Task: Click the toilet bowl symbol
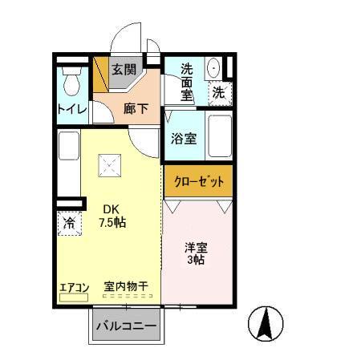70,80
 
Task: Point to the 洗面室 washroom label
186,81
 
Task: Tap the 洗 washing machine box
218,93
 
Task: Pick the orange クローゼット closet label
199,181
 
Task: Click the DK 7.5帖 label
112,216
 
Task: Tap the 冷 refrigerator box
69,223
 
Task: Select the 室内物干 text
126,285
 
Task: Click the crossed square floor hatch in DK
108,167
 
